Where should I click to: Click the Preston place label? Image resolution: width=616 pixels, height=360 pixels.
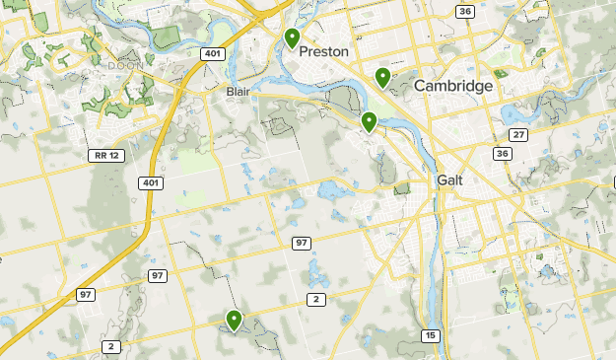[x=324, y=51]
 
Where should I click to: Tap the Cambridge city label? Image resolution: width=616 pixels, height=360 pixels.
[x=452, y=87]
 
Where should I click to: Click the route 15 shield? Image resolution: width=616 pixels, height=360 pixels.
[x=430, y=336]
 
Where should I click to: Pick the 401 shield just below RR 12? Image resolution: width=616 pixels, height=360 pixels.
[x=150, y=183]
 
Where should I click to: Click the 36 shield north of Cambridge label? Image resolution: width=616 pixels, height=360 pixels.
[x=465, y=11]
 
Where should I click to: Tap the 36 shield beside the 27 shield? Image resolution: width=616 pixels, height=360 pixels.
[x=503, y=154]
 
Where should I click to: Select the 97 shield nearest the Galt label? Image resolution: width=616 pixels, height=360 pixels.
[x=301, y=243]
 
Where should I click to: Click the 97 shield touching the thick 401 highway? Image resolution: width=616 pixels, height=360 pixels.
[x=157, y=274]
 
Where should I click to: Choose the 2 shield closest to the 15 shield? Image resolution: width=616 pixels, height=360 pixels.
[x=315, y=299]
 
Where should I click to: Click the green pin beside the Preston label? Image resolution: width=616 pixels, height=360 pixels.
[x=292, y=38]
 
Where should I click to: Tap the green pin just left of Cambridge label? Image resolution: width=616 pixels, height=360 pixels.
[x=382, y=77]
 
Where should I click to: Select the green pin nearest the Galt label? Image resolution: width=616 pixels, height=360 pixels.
[x=369, y=122]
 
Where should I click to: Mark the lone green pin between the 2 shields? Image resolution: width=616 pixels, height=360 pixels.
[x=234, y=320]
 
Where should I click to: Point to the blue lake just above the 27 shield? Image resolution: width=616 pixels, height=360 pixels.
[x=516, y=111]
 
